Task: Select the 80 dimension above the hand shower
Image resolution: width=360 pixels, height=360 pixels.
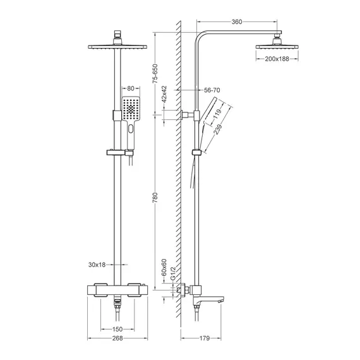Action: [130, 89]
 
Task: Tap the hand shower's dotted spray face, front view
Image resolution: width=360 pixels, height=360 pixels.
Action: [130, 109]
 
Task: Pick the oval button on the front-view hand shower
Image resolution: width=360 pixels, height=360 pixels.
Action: [130, 131]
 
